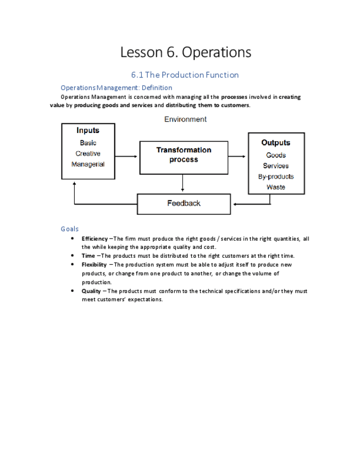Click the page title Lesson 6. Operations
185,52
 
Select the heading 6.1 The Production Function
185,75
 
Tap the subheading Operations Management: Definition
116,87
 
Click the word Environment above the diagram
185,119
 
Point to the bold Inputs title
88,131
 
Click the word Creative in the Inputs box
88,153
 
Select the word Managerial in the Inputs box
88,164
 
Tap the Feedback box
184,204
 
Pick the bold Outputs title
276,143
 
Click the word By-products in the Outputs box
276,176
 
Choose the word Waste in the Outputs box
276,187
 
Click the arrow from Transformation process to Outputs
237,156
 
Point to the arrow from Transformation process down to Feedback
182,184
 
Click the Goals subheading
70,229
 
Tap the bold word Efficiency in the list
95,239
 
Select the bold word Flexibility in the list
95,265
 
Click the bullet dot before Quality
73,291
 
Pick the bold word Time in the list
88,256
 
